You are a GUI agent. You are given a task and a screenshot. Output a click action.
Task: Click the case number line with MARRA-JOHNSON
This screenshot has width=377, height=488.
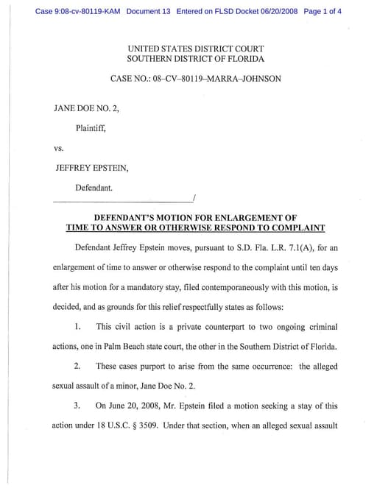[195, 78]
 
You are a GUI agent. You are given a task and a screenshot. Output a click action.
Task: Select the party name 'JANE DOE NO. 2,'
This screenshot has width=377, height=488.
[86, 107]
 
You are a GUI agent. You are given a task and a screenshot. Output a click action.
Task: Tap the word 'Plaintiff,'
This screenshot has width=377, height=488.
[91, 127]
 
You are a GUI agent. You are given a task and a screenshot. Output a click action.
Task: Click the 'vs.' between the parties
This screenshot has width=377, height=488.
[60, 147]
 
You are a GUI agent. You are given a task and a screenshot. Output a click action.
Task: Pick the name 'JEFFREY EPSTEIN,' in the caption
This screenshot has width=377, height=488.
[92, 168]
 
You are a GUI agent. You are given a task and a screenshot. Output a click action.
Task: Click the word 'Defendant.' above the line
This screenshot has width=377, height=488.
[94, 188]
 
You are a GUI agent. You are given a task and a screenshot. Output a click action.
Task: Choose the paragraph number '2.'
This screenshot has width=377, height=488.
[77, 366]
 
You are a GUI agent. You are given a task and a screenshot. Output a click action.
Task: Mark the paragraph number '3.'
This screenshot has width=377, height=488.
[77, 406]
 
